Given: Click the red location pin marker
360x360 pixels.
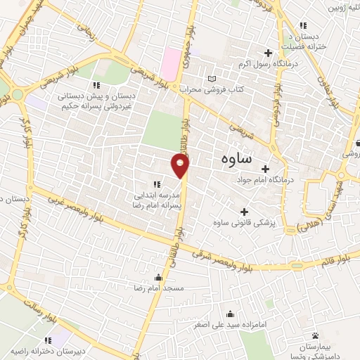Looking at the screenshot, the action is tap(181, 166).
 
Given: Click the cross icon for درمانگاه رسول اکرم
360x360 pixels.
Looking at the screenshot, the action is tap(268, 53).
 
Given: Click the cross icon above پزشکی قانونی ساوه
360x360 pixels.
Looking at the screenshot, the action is tap(245, 212).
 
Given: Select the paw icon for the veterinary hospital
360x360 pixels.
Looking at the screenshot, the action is tap(315, 335).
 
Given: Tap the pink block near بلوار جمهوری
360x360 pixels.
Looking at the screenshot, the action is tap(170, 64).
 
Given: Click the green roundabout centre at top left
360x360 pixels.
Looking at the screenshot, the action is tap(15, 94).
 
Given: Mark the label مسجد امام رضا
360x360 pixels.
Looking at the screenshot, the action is tap(163, 289).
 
